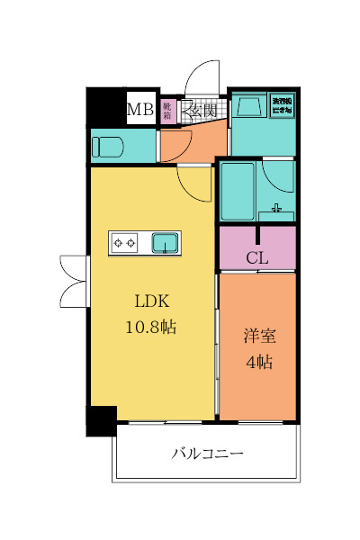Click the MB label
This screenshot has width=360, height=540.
139,110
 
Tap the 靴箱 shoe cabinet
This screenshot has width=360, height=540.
168,110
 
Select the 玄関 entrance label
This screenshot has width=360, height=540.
203,111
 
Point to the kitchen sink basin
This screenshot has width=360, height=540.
165,242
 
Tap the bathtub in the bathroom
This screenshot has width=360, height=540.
238,190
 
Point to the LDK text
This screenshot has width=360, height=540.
152,301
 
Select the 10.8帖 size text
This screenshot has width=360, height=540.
151,327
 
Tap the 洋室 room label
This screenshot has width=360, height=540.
259,337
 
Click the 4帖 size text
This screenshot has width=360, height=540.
259,363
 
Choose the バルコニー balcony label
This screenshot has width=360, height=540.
208,453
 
